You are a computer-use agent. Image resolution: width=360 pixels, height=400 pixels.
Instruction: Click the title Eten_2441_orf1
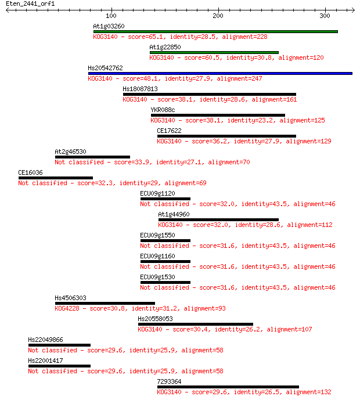tap(30, 4)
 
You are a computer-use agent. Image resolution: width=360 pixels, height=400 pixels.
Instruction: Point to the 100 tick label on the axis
tap(111, 16)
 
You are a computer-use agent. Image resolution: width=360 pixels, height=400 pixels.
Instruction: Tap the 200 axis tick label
tap(218, 16)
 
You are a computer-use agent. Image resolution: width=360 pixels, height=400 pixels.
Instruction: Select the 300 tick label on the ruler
tap(325, 16)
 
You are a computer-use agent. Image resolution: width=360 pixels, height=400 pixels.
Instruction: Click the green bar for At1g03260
tap(215, 31)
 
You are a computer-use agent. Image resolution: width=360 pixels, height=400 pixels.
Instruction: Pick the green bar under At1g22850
tap(214, 53)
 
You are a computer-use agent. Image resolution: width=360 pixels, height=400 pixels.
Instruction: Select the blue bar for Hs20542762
tap(220, 74)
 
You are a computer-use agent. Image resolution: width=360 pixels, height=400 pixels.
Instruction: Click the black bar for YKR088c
tap(218, 116)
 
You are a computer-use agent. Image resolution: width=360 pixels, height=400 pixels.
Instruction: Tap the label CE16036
tap(30, 172)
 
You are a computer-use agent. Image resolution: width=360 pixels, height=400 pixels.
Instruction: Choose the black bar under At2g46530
tap(92, 157)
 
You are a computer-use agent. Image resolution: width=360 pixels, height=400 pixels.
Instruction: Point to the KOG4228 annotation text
tap(67, 308)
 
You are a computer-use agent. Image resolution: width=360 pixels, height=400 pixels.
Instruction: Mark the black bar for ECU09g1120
tap(165, 199)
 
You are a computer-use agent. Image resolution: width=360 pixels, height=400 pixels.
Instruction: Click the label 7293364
tap(169, 381)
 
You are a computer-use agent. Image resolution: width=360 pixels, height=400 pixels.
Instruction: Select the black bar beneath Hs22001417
tap(59, 366)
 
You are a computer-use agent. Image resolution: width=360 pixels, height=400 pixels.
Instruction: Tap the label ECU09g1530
tap(158, 277)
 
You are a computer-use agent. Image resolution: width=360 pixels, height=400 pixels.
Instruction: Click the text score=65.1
tap(146, 37)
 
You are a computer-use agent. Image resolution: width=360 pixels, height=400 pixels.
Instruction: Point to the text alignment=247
tap(239, 78)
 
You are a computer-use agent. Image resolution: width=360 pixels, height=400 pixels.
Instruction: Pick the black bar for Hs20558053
tap(196, 324)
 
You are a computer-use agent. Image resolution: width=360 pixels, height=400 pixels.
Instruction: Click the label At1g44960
tap(174, 214)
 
